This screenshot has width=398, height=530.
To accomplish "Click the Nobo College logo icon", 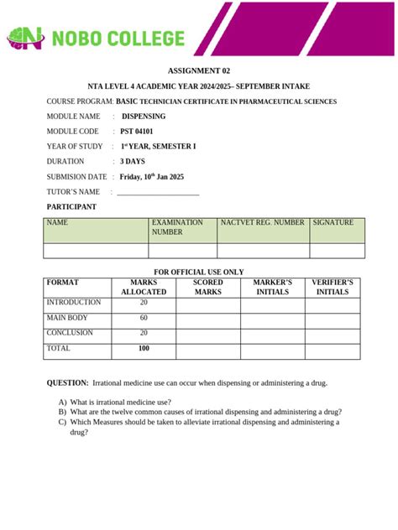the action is click(24, 38).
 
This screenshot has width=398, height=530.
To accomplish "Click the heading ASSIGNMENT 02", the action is click(198, 72).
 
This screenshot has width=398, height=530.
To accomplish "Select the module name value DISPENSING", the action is click(144, 117).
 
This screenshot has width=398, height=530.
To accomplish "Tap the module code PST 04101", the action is click(138, 132).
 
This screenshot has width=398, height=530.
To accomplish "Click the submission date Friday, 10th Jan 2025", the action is click(152, 177).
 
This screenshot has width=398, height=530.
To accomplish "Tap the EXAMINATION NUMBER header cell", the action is click(182, 228).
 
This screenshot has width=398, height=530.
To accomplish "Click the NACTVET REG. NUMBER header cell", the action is click(263, 223).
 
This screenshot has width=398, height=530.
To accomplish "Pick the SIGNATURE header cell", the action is click(336, 223).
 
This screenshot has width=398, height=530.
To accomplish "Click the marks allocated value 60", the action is click(144, 318).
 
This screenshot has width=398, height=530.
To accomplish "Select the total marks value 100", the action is click(144, 348).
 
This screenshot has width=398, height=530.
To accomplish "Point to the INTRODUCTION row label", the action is click(74, 303).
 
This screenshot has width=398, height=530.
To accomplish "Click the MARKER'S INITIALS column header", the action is click(272, 287).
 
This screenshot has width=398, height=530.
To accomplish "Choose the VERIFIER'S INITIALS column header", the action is click(333, 287).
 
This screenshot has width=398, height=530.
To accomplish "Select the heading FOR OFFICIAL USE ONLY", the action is click(198, 272).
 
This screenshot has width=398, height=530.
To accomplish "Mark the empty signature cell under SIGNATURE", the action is click(337, 251).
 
